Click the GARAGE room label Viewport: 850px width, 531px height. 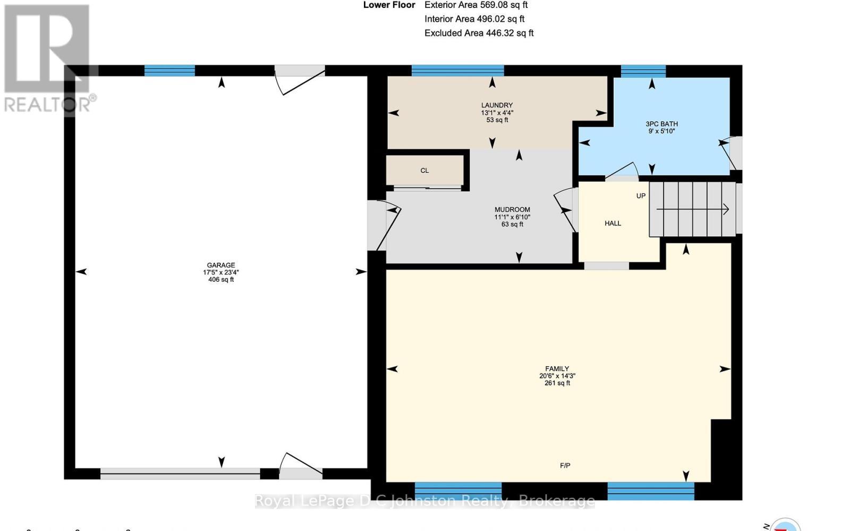pyautogui.click(x=221, y=265)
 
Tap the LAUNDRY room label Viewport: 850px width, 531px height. pyautogui.click(x=497, y=105)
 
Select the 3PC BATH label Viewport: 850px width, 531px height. pyautogui.click(x=661, y=124)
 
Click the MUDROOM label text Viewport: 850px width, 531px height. pyautogui.click(x=512, y=209)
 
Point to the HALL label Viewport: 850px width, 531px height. pyautogui.click(x=613, y=223)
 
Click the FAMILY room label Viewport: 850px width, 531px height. pyautogui.click(x=557, y=368)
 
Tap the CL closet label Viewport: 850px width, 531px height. pyautogui.click(x=424, y=171)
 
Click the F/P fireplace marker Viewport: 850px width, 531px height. pyautogui.click(x=565, y=466)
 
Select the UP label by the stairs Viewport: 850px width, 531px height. pyautogui.click(x=641, y=196)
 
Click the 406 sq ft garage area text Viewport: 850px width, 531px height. pyautogui.click(x=221, y=280)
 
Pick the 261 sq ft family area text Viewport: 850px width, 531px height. pyautogui.click(x=557, y=383)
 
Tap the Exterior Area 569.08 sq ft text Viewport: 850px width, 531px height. pyautogui.click(x=475, y=5)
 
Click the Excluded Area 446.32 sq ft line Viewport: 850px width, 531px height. pyautogui.click(x=479, y=33)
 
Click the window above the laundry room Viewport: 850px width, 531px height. pyautogui.click(x=457, y=70)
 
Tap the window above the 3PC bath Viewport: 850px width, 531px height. pyautogui.click(x=643, y=71)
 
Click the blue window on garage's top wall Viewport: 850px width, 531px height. pyautogui.click(x=169, y=70)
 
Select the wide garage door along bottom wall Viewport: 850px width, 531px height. pyautogui.click(x=180, y=474)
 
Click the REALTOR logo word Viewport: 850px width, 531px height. pyautogui.click(x=47, y=104)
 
